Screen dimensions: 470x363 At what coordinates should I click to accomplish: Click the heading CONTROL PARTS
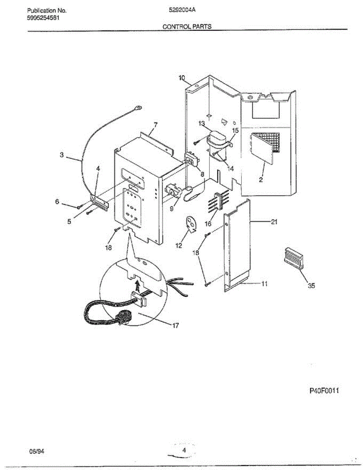187,27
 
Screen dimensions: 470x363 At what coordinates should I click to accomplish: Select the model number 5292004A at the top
181,11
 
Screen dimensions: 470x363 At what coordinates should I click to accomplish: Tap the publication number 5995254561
43,18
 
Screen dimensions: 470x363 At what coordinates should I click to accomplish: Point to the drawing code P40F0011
324,391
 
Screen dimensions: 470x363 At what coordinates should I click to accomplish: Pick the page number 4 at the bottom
184,450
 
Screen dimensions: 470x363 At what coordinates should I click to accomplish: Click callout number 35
311,286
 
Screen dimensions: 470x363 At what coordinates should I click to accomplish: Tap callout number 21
274,222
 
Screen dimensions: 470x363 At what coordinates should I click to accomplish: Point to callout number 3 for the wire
61,155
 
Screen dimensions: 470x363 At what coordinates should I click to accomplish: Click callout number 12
179,246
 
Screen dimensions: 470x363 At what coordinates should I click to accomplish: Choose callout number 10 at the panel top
182,78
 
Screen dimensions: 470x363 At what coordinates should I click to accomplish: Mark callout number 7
155,125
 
